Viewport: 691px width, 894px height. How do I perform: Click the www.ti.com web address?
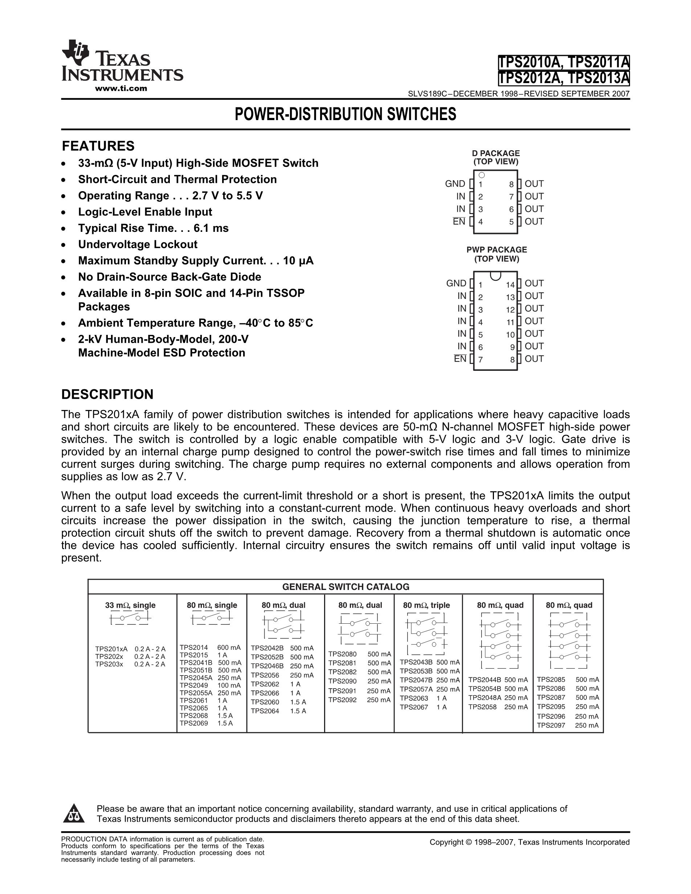tap(121, 89)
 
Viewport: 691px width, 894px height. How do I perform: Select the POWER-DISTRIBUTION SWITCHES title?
tap(345, 114)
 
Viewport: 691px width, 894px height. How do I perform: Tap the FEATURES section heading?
tap(98, 146)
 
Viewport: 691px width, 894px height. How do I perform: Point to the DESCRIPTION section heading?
tap(107, 394)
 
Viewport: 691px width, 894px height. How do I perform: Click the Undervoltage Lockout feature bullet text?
tap(138, 245)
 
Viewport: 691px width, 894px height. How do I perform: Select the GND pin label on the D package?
tap(455, 184)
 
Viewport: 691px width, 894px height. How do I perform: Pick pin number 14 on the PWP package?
tap(510, 285)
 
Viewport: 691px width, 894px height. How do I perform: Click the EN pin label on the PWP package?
tap(460, 359)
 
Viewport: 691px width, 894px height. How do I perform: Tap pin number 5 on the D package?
tap(511, 222)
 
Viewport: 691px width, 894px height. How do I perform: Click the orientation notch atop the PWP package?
tap(495, 275)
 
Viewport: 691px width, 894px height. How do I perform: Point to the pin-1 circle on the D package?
tap(482, 175)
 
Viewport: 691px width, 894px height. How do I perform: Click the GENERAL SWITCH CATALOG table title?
tap(345, 587)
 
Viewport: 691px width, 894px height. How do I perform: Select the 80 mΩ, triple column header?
tap(426, 605)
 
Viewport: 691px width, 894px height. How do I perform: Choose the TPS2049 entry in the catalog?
tap(194, 685)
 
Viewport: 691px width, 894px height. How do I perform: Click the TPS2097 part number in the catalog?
tap(551, 725)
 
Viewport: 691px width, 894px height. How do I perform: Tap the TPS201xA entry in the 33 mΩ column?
tap(111, 649)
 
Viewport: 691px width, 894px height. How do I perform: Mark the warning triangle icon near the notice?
tap(74, 813)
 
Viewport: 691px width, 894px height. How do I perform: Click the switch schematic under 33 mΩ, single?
tap(130, 618)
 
